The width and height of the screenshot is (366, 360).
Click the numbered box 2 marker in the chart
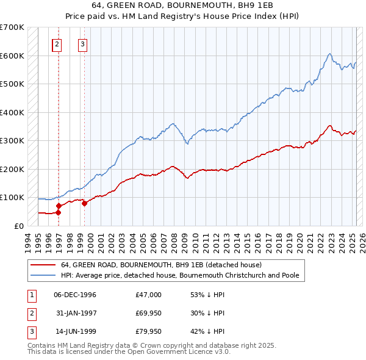point(56,44)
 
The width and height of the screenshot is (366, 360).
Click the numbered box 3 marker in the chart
point(82,44)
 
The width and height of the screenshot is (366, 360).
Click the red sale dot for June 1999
point(85,203)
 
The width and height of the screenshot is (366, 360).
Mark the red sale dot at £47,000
point(59,212)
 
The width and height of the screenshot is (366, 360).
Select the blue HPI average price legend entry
point(179,275)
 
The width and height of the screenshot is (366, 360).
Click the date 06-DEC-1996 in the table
point(75,295)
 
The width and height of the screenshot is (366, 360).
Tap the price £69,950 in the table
point(149,313)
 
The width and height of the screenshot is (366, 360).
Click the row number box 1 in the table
point(30,295)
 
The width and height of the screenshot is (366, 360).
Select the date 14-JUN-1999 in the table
point(75,331)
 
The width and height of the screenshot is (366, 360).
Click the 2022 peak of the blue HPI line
point(329,54)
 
